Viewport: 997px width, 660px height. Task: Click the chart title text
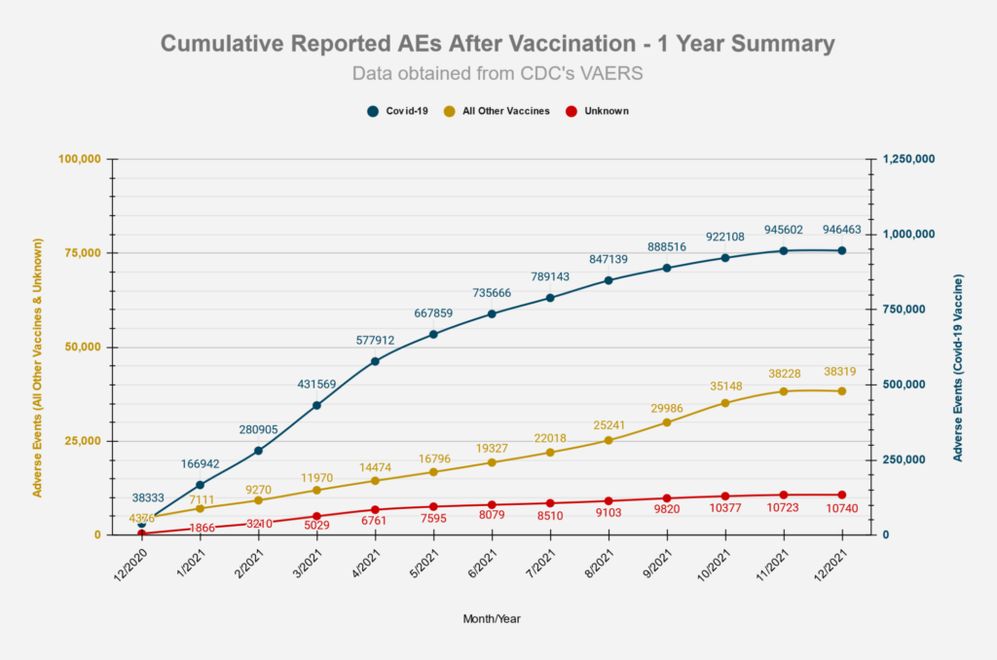point(498,44)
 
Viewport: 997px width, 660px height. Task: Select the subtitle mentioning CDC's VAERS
point(498,74)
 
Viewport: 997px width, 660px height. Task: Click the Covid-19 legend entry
point(397,111)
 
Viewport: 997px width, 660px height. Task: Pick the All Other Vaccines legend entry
point(496,111)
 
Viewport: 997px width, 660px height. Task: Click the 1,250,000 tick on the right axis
point(908,159)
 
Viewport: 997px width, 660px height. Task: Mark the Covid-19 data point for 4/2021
point(375,361)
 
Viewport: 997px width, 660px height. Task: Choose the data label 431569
point(316,385)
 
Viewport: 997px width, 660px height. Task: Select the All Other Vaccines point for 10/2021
point(725,403)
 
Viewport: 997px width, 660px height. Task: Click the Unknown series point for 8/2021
point(609,501)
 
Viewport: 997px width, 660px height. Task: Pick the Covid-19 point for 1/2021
point(200,485)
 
